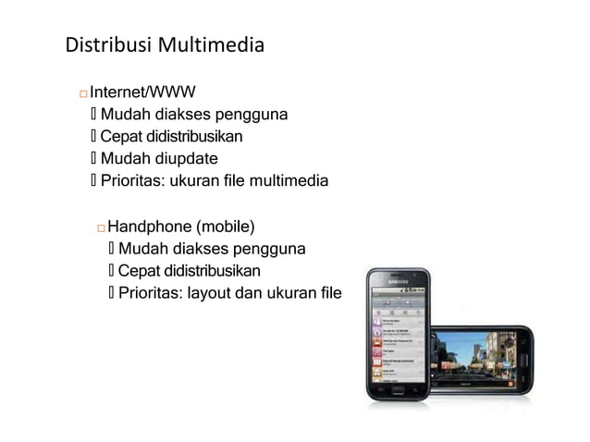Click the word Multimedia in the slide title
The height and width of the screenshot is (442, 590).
coord(212,44)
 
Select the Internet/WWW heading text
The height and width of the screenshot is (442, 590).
coord(142,92)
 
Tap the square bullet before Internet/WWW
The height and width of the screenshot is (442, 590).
coord(82,93)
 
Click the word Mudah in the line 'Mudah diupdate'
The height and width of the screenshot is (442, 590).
coord(126,158)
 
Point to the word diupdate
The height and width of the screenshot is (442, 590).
coord(186,158)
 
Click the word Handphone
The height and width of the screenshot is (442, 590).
coord(147,226)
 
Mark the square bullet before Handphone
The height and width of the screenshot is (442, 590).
coord(100,227)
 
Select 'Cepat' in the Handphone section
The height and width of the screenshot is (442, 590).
coord(139,271)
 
